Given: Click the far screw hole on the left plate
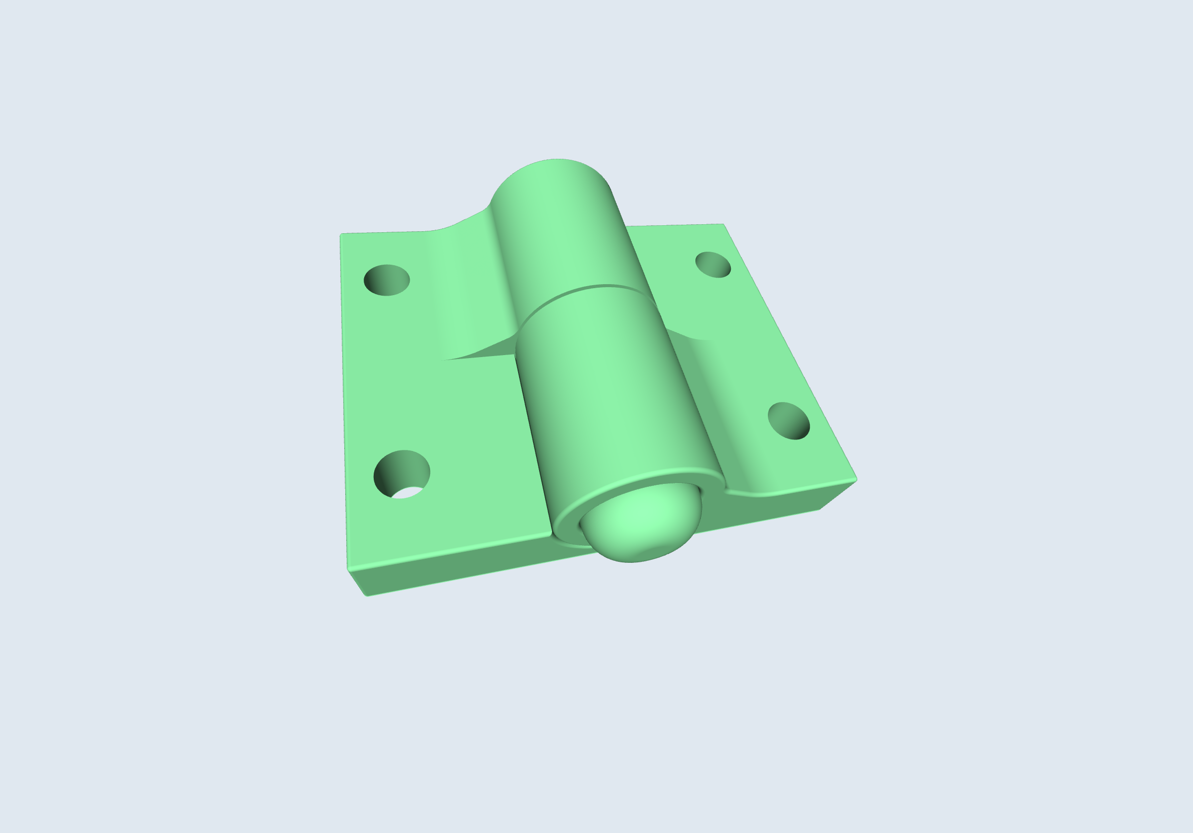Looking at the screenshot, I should click(387, 280).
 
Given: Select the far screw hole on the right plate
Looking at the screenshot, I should click(713, 265).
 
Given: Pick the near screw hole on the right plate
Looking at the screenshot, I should click(788, 420).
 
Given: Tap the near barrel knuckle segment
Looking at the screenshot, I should click(613, 395).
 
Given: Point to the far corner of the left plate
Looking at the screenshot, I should click(341, 235).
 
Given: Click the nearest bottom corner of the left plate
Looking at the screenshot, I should click(366, 595).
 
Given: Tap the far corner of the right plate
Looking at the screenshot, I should click(723, 225).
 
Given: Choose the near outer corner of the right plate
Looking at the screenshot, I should click(856, 479).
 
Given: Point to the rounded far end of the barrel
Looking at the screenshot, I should click(551, 166).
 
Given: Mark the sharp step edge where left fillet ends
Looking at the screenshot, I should click(478, 357).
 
